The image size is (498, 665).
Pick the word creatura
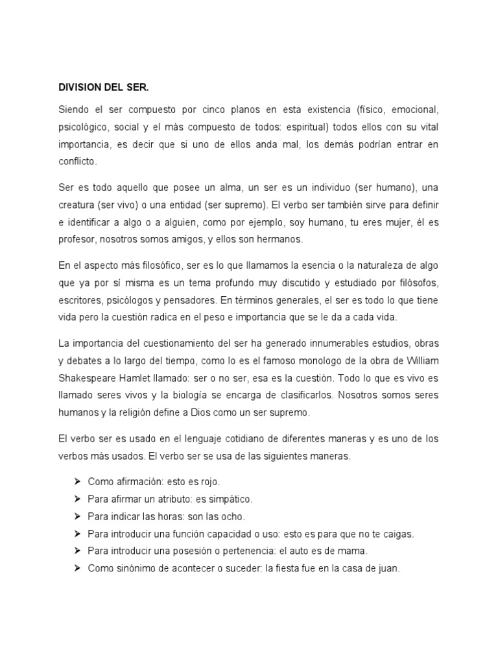coord(80,205)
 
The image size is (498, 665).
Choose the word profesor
coord(78,240)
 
